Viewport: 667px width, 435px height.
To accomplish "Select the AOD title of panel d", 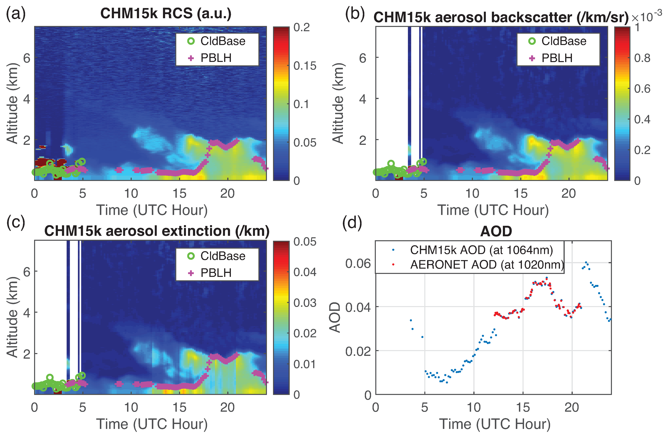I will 496,231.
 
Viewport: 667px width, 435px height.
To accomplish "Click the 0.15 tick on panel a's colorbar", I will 305,66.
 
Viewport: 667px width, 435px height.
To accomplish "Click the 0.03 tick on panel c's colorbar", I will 305,303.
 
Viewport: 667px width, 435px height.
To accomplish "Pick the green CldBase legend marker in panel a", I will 191,41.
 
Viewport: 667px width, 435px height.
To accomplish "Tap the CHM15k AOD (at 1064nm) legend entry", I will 481,250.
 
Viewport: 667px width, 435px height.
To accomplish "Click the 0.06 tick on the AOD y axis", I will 358,263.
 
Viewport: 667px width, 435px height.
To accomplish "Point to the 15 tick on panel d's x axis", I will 523,407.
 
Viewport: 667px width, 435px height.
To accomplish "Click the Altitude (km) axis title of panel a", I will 12,103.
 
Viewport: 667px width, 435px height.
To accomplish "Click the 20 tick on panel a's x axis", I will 227,193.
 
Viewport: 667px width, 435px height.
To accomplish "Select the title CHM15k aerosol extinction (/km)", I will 157,231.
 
